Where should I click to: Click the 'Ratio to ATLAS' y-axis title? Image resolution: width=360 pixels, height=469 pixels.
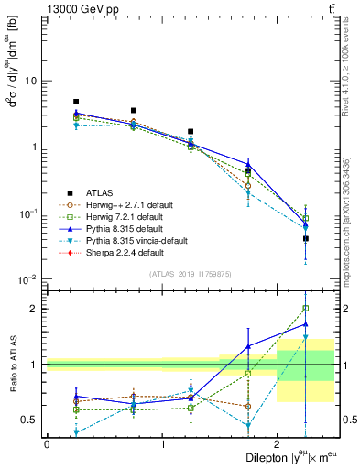13,364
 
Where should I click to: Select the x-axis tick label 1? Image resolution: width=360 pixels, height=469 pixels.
162,443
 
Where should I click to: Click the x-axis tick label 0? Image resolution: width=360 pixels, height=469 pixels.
47,443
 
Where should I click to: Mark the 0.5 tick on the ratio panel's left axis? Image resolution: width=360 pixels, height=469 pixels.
29,420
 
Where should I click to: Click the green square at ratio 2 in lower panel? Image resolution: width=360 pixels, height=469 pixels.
306,309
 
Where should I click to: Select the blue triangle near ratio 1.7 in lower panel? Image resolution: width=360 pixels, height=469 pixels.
306,324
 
